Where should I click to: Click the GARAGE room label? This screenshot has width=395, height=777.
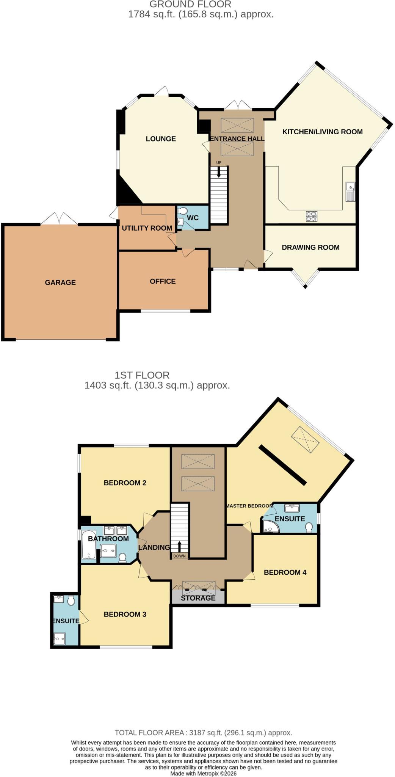60,282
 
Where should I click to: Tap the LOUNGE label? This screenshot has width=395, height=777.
161,139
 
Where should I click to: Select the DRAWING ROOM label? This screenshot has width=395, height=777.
310,247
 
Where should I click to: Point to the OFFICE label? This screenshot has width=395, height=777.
163,281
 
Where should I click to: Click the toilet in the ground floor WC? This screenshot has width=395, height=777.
183,211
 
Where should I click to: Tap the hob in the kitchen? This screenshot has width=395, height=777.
312,216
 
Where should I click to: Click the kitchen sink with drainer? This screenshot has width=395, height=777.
350,192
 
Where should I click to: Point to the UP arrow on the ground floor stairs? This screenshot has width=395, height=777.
219,172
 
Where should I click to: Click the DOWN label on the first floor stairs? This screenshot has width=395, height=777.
180,556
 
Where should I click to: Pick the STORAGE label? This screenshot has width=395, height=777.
198,598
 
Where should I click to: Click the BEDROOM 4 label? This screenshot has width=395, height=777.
285,572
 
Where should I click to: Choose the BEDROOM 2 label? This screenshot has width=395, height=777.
125,483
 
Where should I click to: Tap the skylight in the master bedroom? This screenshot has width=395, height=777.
305,440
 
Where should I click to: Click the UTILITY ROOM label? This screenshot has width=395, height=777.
147,228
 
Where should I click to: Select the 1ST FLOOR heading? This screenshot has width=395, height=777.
142,375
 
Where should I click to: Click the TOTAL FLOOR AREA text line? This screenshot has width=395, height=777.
203,733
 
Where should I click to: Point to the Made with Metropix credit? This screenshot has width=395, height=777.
204,774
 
